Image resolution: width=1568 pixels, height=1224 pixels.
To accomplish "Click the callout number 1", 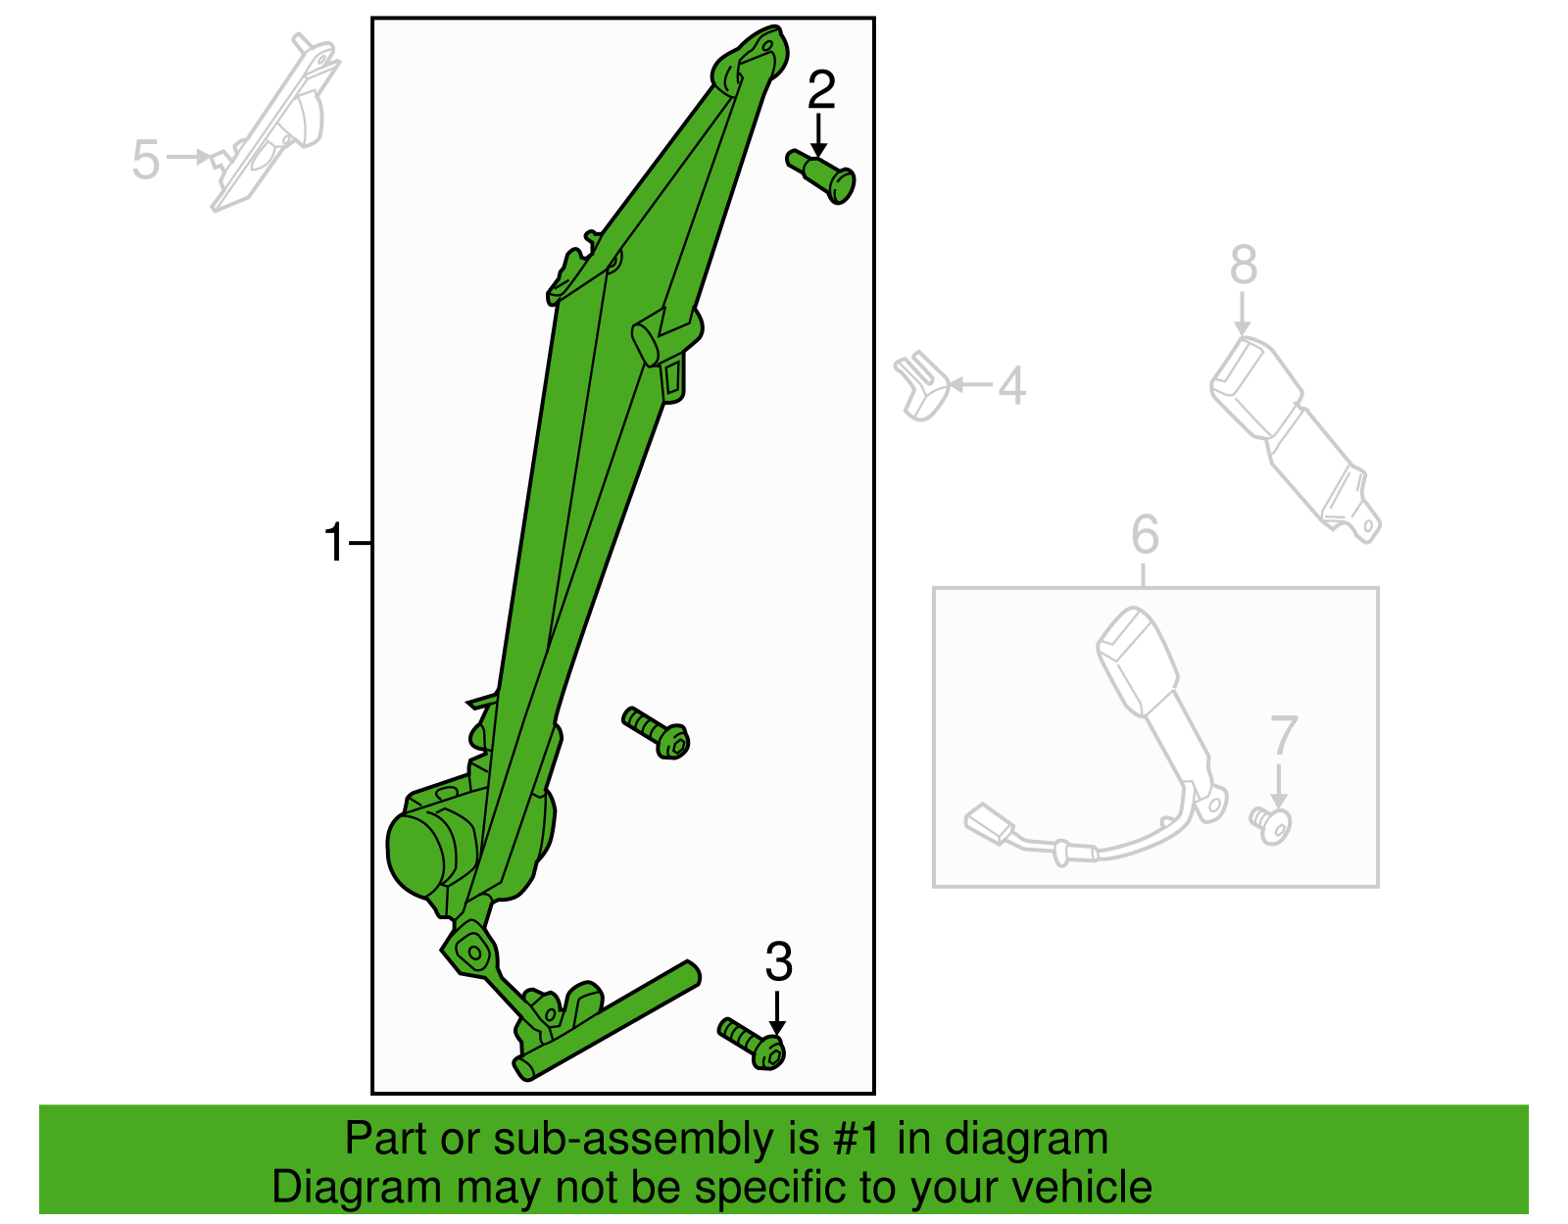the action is [x=333, y=542].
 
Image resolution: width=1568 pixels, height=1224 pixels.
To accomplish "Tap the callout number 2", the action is [x=821, y=90].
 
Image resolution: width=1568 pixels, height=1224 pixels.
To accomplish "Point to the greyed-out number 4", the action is [x=1011, y=385].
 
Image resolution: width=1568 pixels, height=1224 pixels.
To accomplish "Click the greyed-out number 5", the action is [x=146, y=160].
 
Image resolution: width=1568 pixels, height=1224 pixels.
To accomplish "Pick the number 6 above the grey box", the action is [x=1146, y=534].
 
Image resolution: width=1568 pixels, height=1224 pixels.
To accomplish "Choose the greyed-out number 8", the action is [x=1244, y=264].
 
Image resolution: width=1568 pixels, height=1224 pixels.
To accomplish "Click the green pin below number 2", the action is [x=822, y=176].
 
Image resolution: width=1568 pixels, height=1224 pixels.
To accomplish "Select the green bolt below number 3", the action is [x=752, y=1044].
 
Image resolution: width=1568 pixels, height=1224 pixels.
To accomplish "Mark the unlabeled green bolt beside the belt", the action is [x=656, y=733].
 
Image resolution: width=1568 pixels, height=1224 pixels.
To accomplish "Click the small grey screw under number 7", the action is [x=1270, y=825].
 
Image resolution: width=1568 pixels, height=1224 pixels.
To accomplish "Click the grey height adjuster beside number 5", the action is [x=275, y=122].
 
